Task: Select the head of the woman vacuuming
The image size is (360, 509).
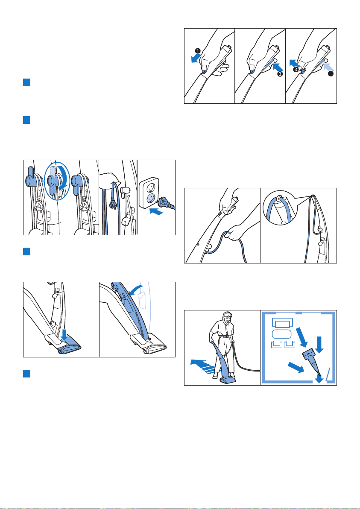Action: point(227,318)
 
